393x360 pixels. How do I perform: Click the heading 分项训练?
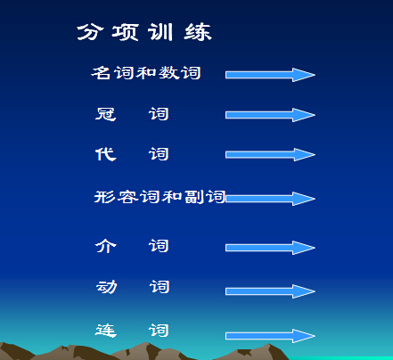click(144, 33)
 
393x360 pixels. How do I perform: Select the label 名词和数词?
click(146, 73)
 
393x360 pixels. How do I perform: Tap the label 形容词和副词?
click(160, 197)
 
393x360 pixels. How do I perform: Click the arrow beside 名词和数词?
click(270, 75)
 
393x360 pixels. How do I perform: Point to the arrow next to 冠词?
click(270, 115)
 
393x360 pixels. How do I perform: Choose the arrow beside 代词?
click(270, 155)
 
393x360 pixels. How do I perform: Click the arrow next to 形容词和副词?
click(270, 198)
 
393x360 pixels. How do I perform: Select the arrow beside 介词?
click(270, 248)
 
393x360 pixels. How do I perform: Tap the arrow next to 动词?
click(270, 291)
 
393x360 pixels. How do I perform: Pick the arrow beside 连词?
click(270, 336)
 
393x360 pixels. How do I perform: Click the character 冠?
click(105, 114)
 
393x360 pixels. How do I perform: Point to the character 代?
click(105, 154)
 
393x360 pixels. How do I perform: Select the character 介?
click(105, 246)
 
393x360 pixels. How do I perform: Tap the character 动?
click(105, 287)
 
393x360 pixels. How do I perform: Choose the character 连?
click(105, 331)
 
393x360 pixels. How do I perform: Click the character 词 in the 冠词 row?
click(160, 114)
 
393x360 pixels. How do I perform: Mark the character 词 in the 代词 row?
click(160, 154)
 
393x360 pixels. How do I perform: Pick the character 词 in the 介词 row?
click(160, 246)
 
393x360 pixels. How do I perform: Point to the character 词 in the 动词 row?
click(160, 287)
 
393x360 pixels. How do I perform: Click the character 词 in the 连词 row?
click(160, 331)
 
